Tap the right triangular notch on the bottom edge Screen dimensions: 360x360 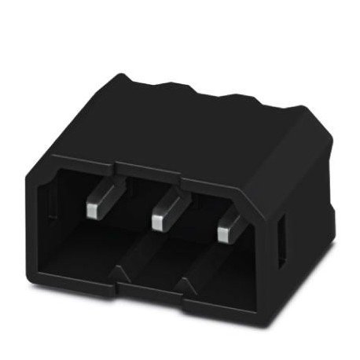click(x=187, y=285)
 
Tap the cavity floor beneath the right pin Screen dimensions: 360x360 click(x=224, y=271)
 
